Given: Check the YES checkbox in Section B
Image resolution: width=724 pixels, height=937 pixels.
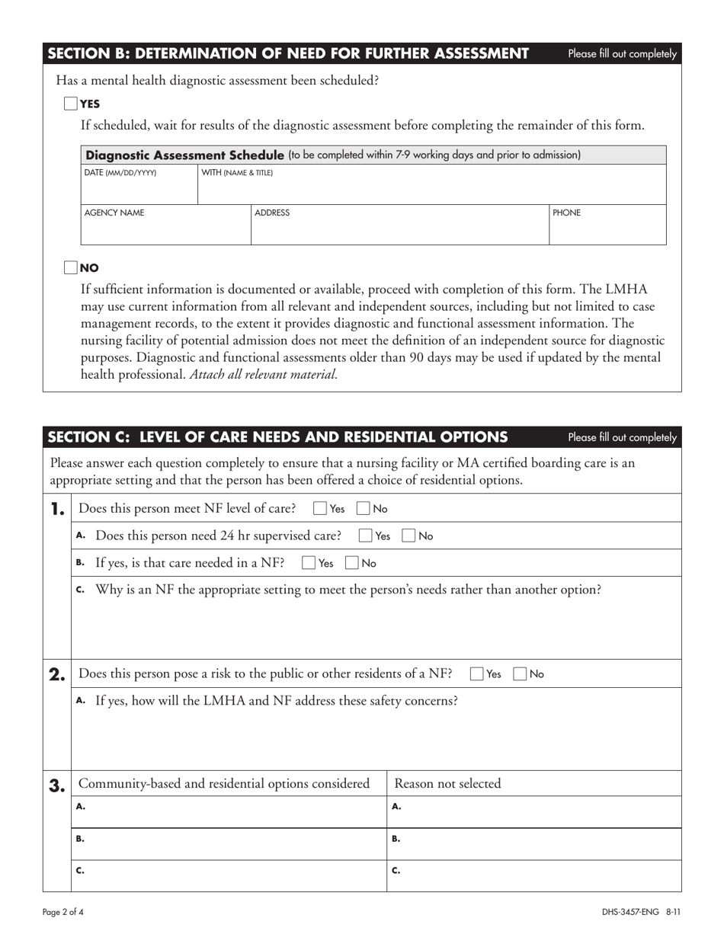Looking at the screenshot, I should pyautogui.click(x=70, y=104).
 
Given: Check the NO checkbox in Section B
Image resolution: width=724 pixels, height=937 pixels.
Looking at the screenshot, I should pyautogui.click(x=70, y=267).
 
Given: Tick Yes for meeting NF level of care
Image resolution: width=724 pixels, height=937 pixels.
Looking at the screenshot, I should pyautogui.click(x=321, y=508).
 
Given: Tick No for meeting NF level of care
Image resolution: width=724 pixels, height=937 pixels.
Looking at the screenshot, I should pyautogui.click(x=364, y=508).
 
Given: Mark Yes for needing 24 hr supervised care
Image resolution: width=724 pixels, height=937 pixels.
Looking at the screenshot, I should pyautogui.click(x=367, y=536).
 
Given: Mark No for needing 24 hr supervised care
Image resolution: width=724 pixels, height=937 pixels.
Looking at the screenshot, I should pyautogui.click(x=409, y=536).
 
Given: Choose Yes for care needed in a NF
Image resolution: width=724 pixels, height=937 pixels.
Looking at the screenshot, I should pyautogui.click(x=309, y=564).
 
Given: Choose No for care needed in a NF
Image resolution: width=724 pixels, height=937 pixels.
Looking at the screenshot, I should pyautogui.click(x=352, y=564).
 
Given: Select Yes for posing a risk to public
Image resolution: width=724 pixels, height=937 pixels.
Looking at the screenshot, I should pyautogui.click(x=477, y=673).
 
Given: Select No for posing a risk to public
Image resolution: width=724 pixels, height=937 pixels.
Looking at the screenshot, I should pyautogui.click(x=521, y=673).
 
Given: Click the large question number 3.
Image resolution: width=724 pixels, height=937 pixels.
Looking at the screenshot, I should pyautogui.click(x=57, y=784).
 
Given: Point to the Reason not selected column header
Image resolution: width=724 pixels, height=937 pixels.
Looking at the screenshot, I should pyautogui.click(x=447, y=784).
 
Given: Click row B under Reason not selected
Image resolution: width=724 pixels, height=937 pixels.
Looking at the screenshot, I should pyautogui.click(x=533, y=844).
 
